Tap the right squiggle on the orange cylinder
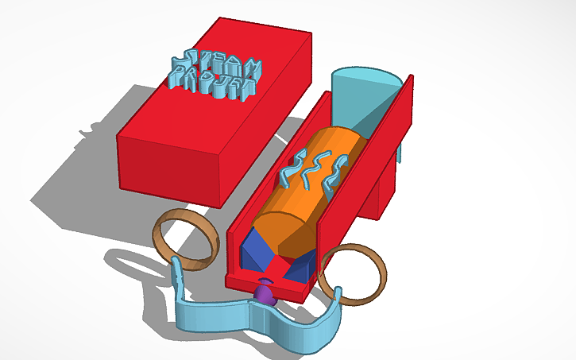[334, 171]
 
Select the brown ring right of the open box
[350, 274]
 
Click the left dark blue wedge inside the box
[255, 250]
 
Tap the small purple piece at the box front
[265, 295]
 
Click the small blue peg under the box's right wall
[401, 150]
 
